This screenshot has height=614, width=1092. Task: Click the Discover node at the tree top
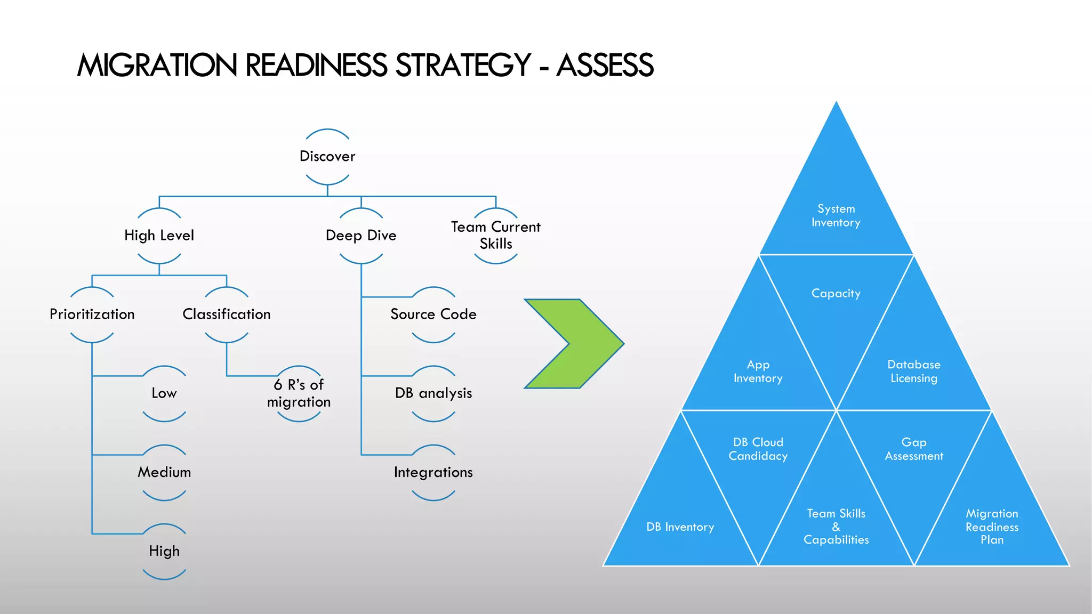(x=327, y=156)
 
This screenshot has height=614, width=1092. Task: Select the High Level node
(x=159, y=235)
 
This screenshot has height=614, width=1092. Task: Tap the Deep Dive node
(x=361, y=235)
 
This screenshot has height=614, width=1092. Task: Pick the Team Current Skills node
(x=496, y=235)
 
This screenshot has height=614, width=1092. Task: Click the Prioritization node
(x=92, y=314)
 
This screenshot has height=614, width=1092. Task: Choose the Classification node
(x=227, y=314)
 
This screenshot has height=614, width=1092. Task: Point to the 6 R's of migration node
(x=299, y=393)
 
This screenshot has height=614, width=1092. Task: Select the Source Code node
(x=433, y=314)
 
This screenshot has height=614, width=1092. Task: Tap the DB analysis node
(x=433, y=393)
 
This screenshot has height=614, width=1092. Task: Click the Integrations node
(x=433, y=472)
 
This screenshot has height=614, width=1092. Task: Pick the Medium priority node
(x=164, y=472)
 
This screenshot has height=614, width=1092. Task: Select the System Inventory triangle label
(x=836, y=215)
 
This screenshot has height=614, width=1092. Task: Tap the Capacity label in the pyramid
(x=836, y=293)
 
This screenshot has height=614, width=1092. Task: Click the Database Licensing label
(x=914, y=371)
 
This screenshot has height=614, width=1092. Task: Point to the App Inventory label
(x=758, y=371)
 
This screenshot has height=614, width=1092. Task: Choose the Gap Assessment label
(x=914, y=449)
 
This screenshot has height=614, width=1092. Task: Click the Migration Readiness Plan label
(x=992, y=527)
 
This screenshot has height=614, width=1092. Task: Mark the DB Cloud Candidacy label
(x=758, y=449)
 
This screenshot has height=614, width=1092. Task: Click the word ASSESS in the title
(x=605, y=66)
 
